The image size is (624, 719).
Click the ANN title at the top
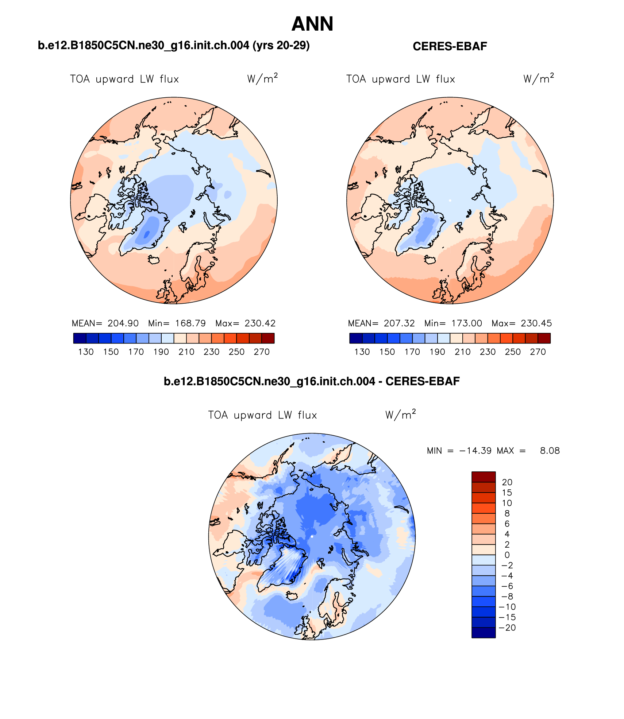(312, 24)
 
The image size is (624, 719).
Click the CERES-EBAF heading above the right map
(450, 46)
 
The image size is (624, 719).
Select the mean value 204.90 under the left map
(123, 323)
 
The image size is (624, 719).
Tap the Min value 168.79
(190, 323)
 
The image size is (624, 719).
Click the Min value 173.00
(466, 323)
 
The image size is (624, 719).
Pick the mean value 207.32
(399, 323)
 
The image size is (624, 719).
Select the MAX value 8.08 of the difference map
(550, 451)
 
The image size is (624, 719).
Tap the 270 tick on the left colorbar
(262, 352)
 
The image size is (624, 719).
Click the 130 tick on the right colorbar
(362, 352)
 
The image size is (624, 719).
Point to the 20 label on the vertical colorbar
(507, 482)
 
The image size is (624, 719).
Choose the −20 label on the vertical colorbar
(507, 627)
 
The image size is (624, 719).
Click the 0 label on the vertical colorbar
(507, 555)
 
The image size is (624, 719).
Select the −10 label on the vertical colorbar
(507, 607)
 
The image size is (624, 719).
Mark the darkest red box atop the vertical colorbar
(484, 477)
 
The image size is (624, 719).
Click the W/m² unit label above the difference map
(400, 415)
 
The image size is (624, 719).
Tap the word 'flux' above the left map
(169, 79)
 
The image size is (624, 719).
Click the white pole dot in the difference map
(312, 536)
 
